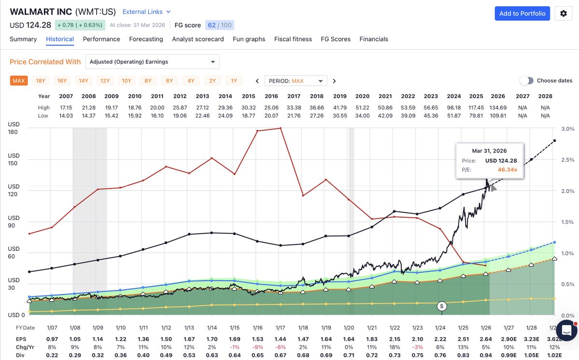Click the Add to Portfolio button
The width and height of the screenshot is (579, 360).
point(523,14)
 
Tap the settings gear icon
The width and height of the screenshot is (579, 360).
point(563,14)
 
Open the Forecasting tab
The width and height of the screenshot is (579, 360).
point(146,39)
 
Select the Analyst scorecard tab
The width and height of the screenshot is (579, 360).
point(198,39)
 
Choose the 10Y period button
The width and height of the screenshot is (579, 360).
point(127,81)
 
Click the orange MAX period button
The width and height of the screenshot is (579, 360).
point(19,81)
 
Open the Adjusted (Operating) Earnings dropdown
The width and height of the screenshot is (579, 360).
point(152,62)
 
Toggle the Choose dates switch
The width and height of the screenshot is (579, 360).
point(526,81)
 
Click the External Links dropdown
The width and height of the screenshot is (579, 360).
point(146,12)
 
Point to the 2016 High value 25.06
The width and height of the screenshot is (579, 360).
point(272,107)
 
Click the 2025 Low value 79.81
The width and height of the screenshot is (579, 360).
point(476,116)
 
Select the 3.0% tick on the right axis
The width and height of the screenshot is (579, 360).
point(568,129)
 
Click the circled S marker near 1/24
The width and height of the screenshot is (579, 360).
point(441,306)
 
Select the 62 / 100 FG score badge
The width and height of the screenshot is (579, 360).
point(219,25)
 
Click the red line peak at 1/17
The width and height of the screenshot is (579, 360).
point(281,128)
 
